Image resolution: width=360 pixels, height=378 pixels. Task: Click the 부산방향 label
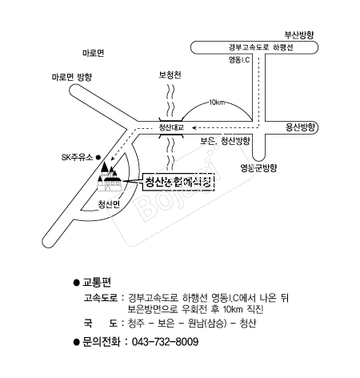299,35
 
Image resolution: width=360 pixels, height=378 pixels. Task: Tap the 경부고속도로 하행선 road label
261,47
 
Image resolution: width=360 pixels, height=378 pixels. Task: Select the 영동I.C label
239,59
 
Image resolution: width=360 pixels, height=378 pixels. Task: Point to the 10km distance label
217,103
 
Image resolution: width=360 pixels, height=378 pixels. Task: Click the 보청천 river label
170,74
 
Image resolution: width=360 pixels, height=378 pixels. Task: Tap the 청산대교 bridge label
171,127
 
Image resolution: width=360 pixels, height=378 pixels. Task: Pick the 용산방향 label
300,127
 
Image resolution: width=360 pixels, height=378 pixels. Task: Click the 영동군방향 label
258,168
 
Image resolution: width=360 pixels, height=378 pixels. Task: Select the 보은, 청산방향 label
225,141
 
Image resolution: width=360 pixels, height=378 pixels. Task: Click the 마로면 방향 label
72,77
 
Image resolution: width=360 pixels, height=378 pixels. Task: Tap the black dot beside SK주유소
98,158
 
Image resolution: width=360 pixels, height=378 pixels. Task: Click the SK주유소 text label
77,158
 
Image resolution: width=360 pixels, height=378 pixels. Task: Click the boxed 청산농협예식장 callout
178,182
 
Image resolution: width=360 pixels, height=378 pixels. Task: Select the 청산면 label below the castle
109,204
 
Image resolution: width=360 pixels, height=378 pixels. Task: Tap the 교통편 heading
97,282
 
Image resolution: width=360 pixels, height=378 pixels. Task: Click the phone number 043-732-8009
165,342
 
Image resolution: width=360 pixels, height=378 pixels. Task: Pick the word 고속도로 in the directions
101,298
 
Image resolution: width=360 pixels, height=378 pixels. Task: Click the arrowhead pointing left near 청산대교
194,127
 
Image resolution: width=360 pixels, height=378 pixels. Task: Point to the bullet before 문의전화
77,342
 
